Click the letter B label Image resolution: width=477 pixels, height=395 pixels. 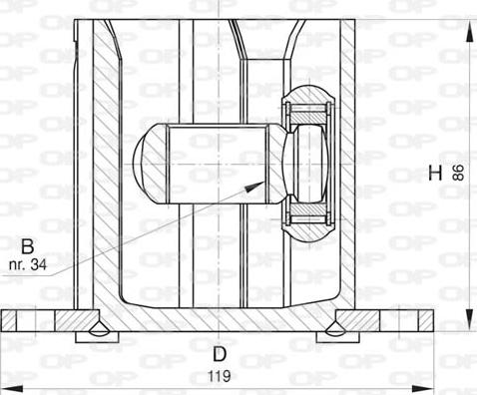coord(28,245)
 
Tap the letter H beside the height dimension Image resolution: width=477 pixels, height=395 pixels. coord(434,173)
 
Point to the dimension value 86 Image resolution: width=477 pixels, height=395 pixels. coord(458,173)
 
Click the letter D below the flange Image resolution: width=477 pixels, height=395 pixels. coord(219,352)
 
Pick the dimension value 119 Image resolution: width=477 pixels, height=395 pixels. coord(220,376)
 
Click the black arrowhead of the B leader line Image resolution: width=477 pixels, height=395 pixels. coord(261,182)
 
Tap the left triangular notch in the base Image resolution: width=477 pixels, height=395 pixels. coord(97,327)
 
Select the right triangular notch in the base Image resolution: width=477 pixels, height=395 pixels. coord(333,327)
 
